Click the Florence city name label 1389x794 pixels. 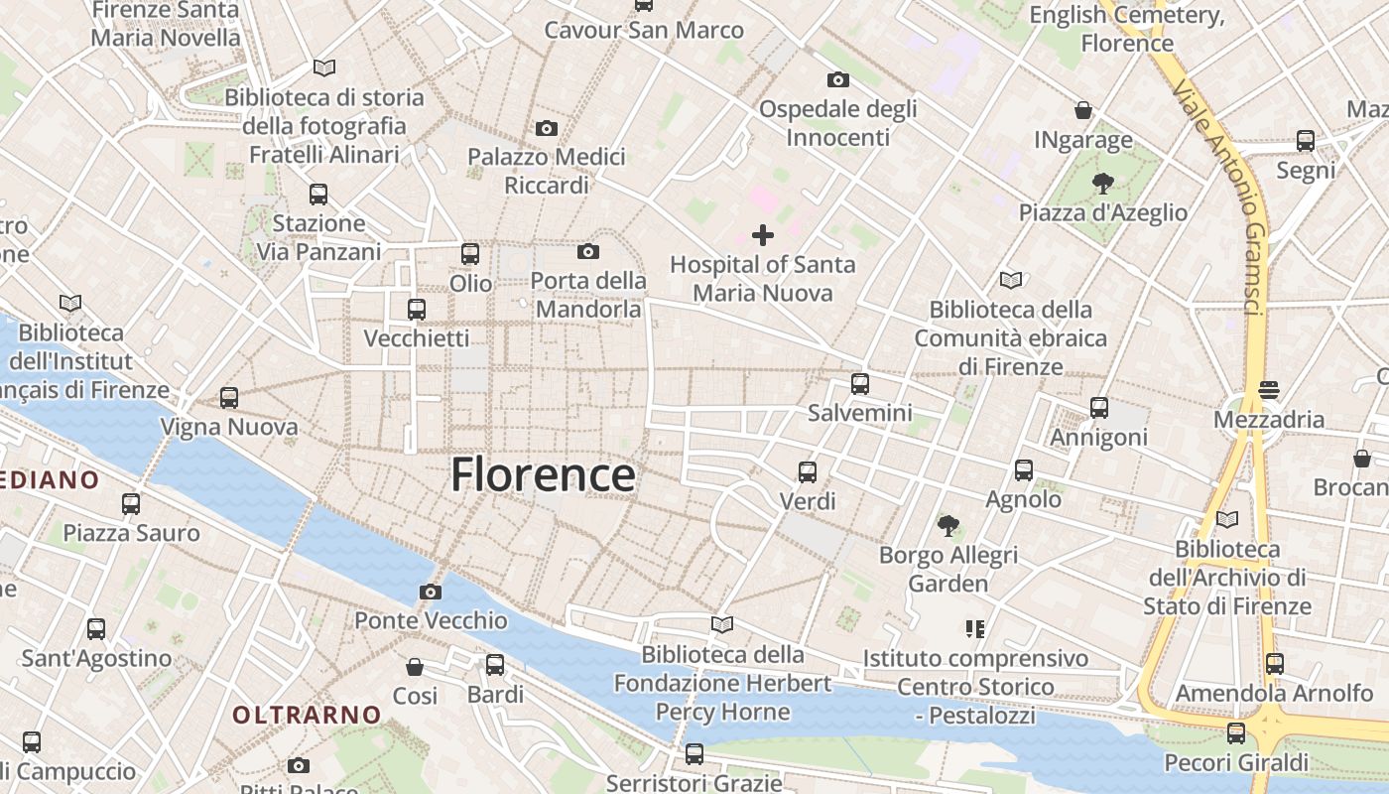click(543, 475)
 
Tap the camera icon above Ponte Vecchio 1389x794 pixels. click(431, 592)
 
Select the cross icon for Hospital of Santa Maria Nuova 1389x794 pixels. click(763, 235)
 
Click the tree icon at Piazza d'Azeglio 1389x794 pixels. click(1102, 183)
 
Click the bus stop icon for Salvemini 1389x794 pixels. click(860, 383)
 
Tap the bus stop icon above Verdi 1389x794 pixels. click(808, 471)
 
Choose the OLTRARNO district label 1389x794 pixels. click(307, 715)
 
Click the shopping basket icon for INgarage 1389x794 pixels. click(1083, 110)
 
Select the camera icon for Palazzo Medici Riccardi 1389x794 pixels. click(547, 128)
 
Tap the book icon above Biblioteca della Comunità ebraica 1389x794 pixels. click(1011, 280)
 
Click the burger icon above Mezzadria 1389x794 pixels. click(1269, 390)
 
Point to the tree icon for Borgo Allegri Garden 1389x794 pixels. click(948, 525)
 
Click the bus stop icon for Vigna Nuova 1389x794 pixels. click(229, 398)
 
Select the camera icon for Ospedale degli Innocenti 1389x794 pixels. click(838, 79)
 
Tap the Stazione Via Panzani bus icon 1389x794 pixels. click(318, 194)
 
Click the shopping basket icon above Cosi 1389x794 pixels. click(415, 666)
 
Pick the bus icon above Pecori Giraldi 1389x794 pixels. click(1236, 733)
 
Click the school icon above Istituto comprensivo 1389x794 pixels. click(974, 628)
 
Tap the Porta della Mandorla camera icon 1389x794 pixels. click(588, 252)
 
